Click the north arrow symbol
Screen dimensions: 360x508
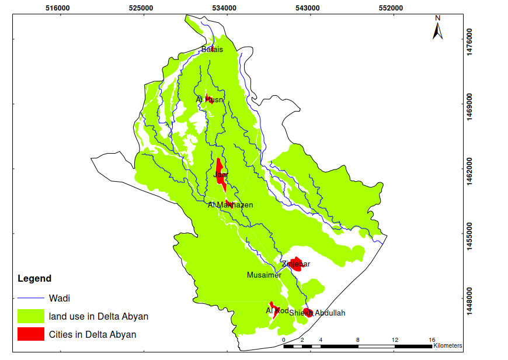(x=437, y=28)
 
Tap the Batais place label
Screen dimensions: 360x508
(x=212, y=50)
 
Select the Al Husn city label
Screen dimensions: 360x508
(x=209, y=100)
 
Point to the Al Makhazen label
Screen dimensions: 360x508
(x=230, y=205)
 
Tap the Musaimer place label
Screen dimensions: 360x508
(x=264, y=275)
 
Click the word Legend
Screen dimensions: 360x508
(x=34, y=279)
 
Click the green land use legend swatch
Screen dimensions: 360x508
(x=31, y=316)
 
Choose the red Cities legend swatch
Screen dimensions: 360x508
(x=31, y=334)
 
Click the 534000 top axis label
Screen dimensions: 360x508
(x=225, y=8)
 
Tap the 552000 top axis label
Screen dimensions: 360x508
(x=391, y=8)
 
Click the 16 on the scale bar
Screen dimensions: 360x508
(x=432, y=340)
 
